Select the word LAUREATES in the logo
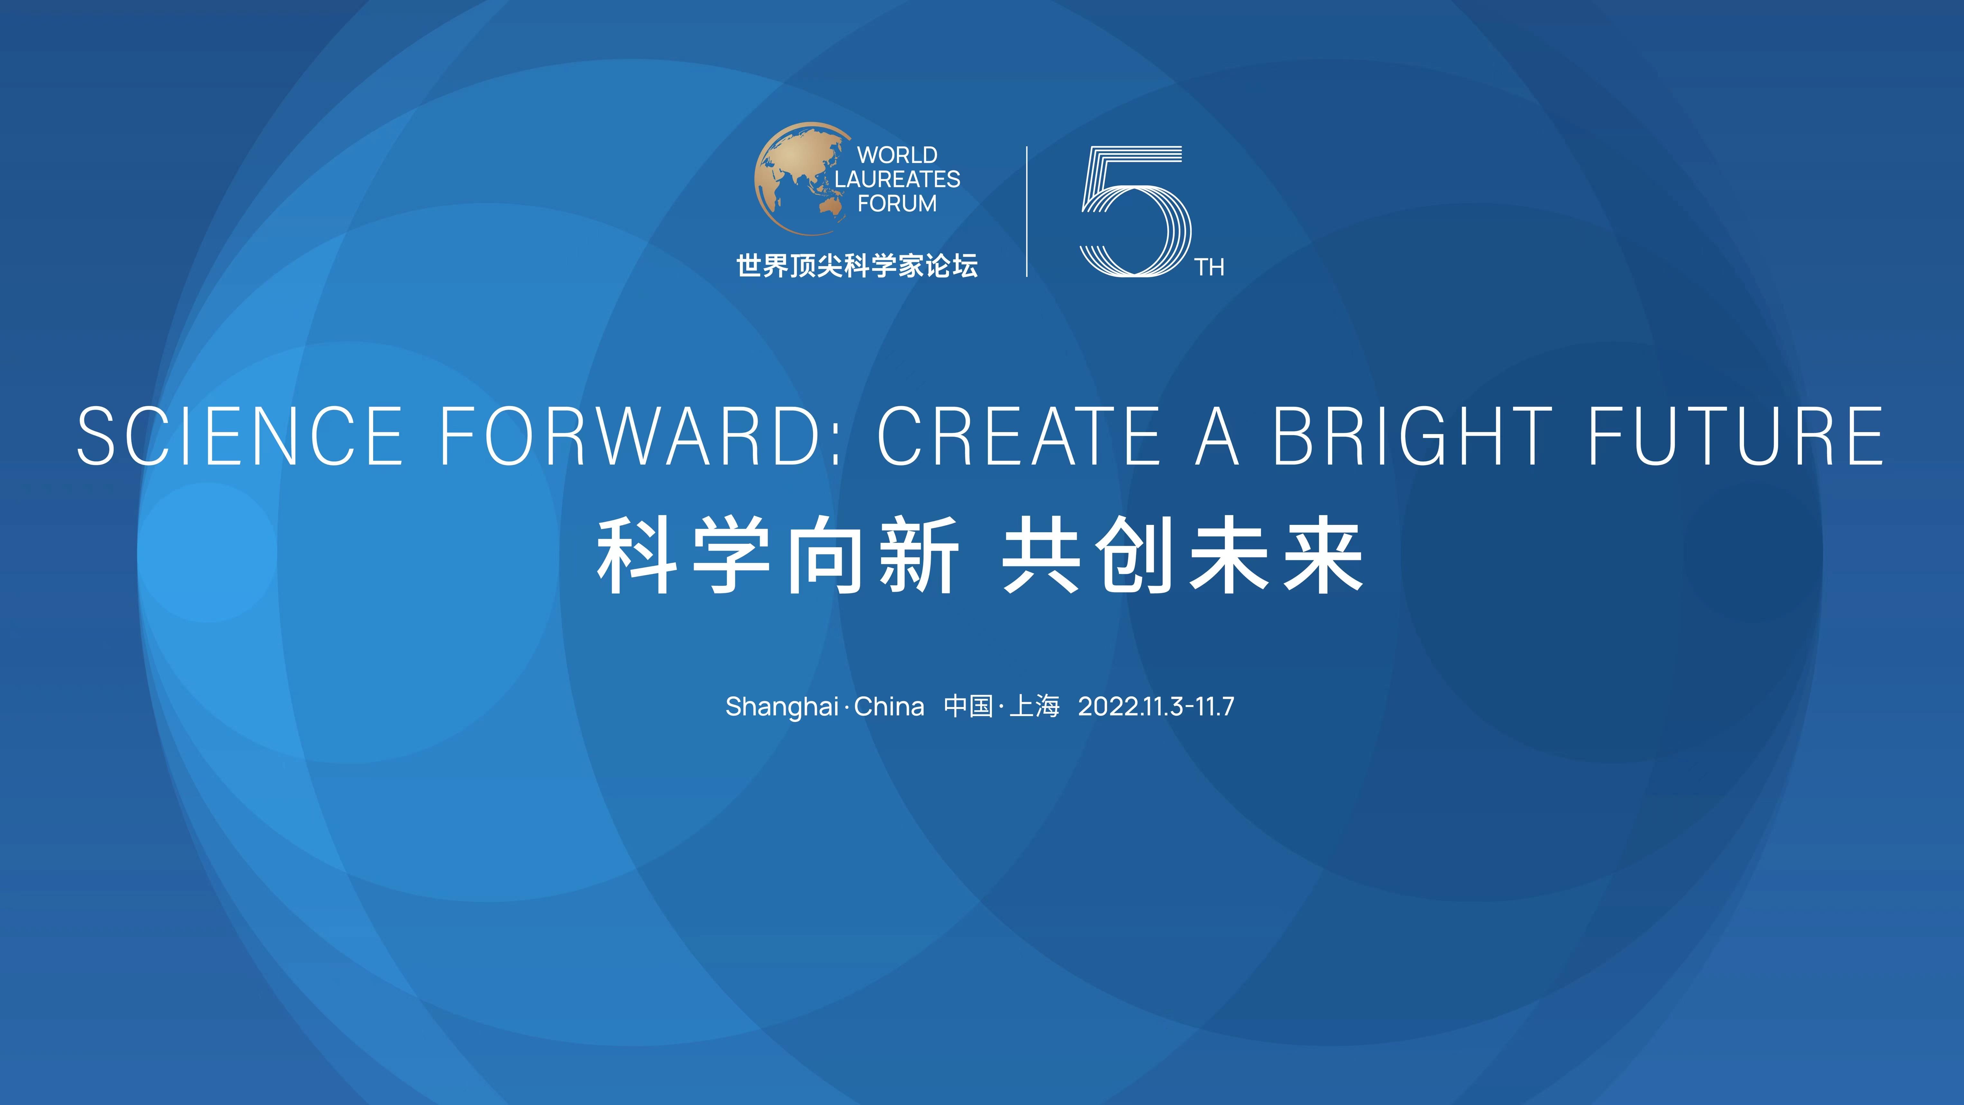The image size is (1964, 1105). pos(897,179)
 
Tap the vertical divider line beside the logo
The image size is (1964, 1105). pos(1027,211)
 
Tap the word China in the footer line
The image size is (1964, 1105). pos(889,706)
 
